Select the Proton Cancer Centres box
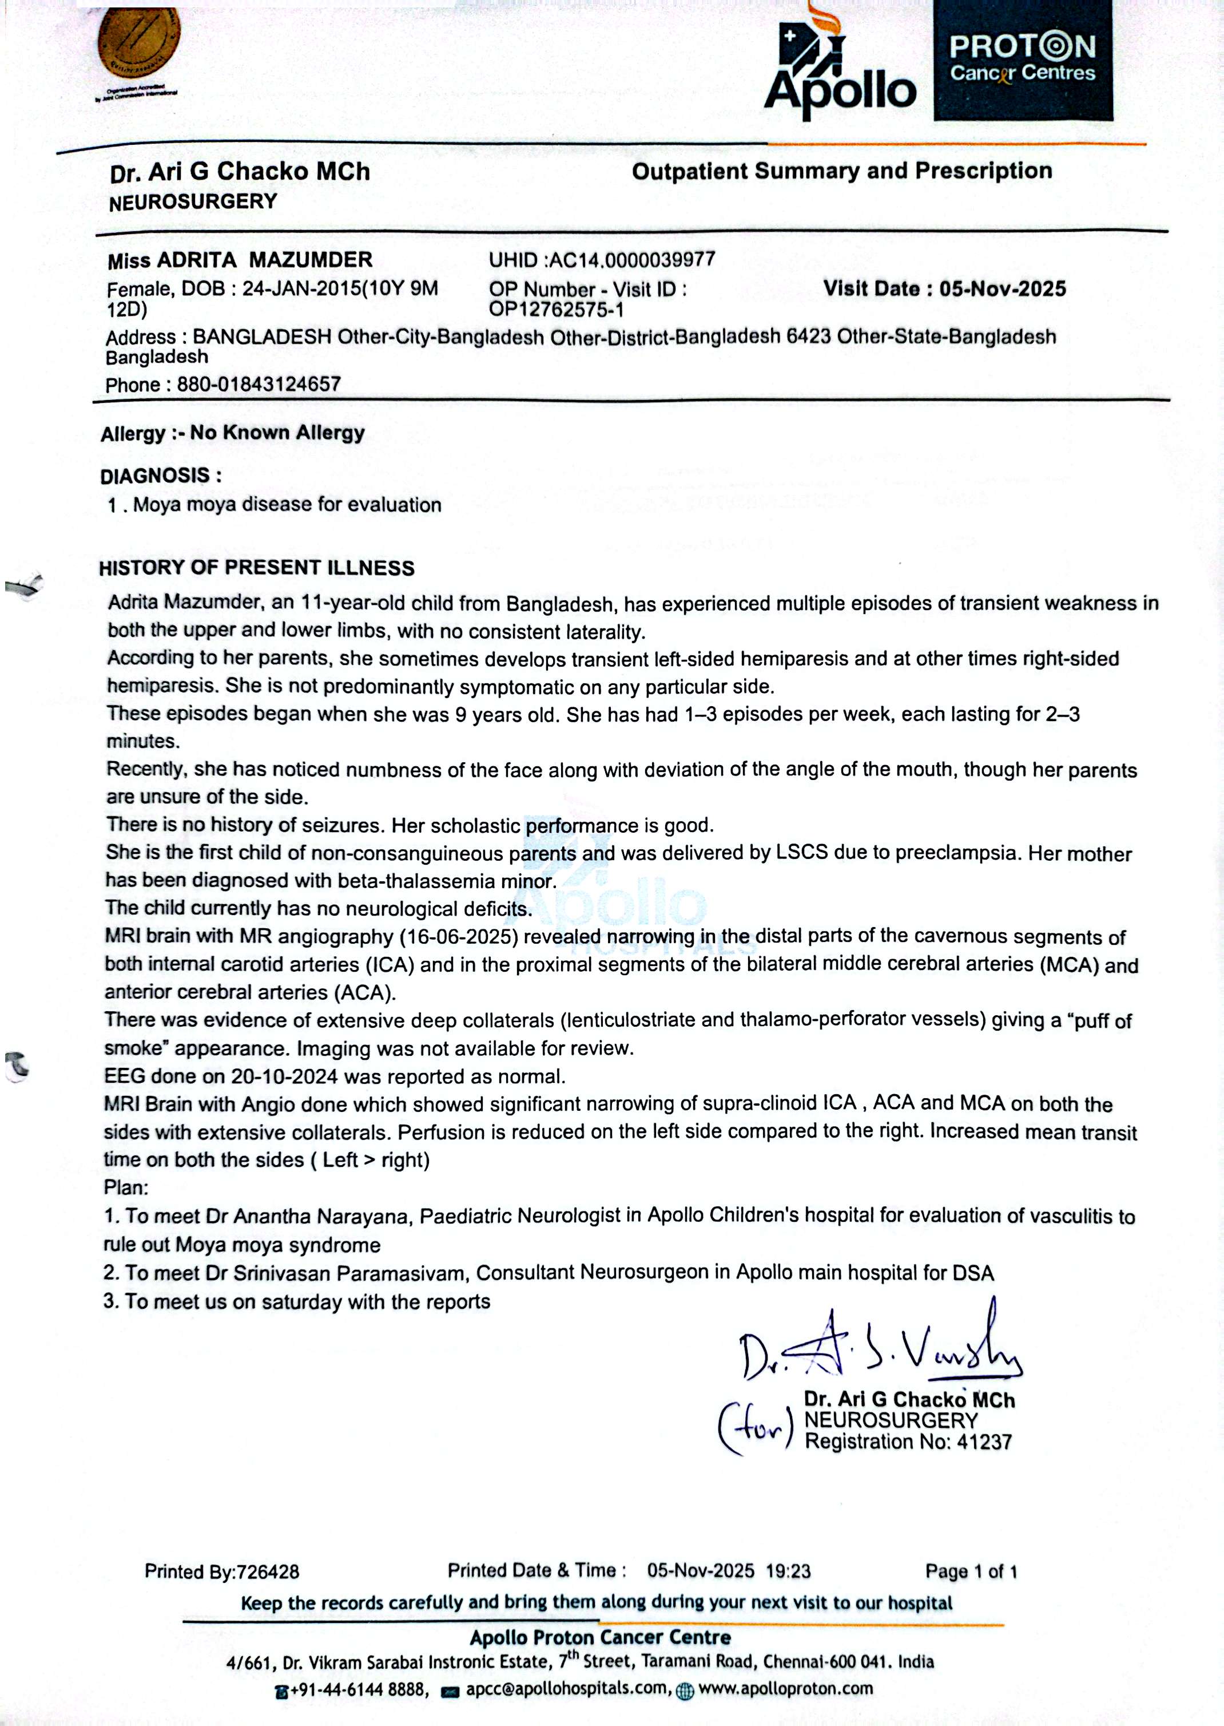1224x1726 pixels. (1023, 60)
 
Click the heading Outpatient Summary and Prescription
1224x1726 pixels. (841, 171)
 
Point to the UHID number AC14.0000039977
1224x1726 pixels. (631, 260)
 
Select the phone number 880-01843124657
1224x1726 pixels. (259, 385)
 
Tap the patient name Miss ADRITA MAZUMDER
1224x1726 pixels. (240, 260)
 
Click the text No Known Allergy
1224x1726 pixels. (277, 433)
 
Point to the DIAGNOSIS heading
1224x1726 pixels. (161, 476)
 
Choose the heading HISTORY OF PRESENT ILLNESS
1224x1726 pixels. (256, 568)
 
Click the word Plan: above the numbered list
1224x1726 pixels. (126, 1187)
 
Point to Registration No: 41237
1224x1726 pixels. (908, 1442)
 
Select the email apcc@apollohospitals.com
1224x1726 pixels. (567, 1688)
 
